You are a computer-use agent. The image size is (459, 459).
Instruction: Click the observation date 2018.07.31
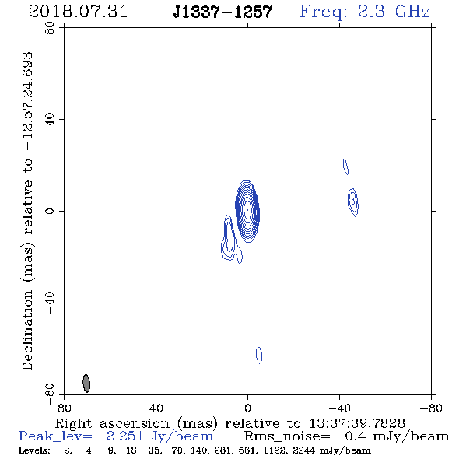click(x=78, y=12)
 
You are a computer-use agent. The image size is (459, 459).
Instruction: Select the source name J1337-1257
click(x=222, y=12)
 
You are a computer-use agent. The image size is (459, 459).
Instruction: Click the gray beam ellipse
click(x=86, y=384)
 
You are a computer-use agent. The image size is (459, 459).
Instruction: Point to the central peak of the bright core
click(x=247, y=210)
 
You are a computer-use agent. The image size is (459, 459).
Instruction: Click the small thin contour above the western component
click(x=345, y=166)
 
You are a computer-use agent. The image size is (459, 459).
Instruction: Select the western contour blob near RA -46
click(x=353, y=202)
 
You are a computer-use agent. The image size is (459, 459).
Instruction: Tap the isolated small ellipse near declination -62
click(x=259, y=355)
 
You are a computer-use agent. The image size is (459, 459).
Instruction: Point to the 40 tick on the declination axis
click(x=61, y=120)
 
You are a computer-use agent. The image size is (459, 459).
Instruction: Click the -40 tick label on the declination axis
click(x=50, y=303)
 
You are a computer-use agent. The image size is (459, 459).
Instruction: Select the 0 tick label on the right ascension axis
click(x=247, y=408)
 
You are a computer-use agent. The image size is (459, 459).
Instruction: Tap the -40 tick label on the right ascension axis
click(x=339, y=408)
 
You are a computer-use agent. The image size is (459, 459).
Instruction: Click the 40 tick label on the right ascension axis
click(x=156, y=408)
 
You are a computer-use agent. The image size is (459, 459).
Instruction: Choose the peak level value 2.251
click(x=124, y=436)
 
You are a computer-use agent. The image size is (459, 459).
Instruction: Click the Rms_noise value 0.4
click(x=356, y=436)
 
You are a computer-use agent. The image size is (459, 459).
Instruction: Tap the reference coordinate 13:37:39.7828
click(x=357, y=423)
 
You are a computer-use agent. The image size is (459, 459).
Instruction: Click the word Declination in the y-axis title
click(x=27, y=331)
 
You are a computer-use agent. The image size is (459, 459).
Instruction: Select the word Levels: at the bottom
click(x=34, y=450)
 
